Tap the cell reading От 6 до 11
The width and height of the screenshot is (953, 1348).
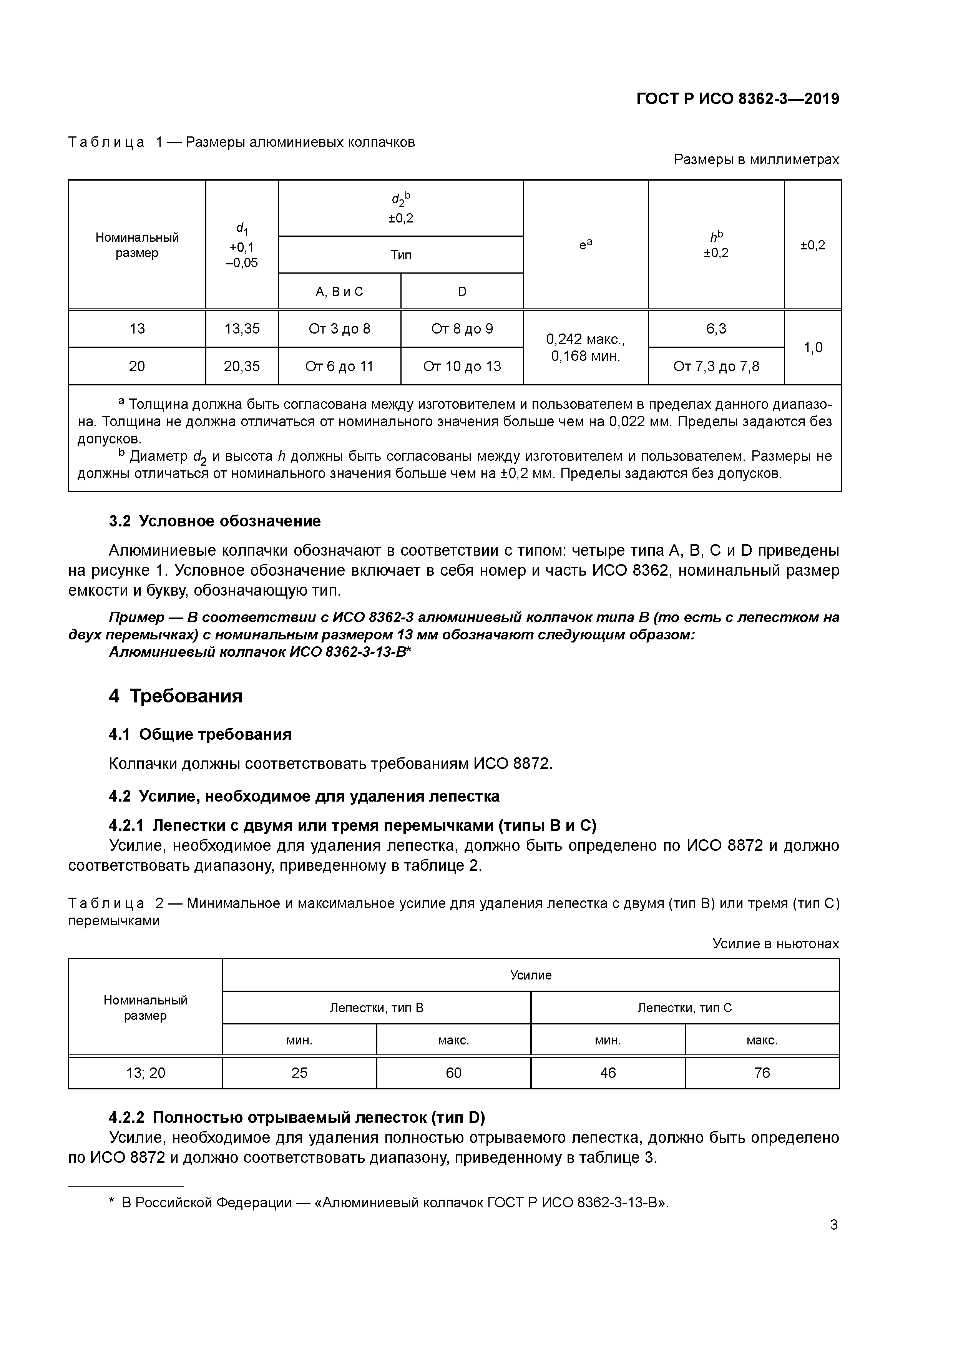(x=339, y=366)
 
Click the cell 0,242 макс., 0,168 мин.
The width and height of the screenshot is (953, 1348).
(x=585, y=348)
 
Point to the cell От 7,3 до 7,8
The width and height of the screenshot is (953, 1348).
(x=716, y=366)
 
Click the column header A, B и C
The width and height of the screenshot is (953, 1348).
(x=339, y=291)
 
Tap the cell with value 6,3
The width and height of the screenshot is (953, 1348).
(x=716, y=329)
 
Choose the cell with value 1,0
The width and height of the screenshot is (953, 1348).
(x=813, y=348)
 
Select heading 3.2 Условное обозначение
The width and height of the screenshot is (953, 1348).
(x=215, y=521)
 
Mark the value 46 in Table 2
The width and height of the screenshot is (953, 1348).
(x=608, y=1072)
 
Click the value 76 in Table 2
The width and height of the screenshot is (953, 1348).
(x=762, y=1072)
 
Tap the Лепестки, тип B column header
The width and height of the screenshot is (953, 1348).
(x=376, y=1008)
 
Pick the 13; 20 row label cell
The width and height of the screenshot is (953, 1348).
(x=146, y=1072)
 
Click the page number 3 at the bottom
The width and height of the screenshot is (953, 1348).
(x=833, y=1225)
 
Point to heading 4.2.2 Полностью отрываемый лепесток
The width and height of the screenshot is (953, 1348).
(x=297, y=1117)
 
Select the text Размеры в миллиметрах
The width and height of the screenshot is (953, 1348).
(x=756, y=159)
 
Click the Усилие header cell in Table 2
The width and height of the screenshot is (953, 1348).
(x=530, y=975)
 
